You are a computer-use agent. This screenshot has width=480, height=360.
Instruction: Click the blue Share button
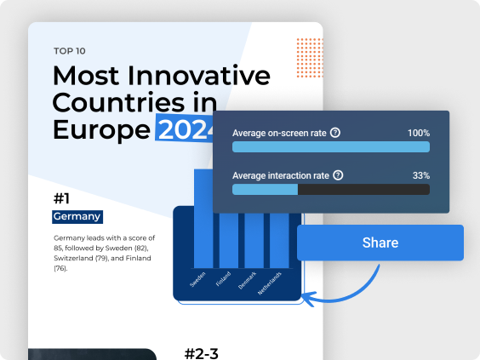[x=380, y=243]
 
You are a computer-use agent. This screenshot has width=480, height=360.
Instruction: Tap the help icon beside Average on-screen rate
[x=335, y=133]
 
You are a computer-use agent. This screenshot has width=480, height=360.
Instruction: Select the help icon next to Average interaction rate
[x=338, y=175]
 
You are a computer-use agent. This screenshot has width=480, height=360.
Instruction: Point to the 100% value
[x=419, y=133]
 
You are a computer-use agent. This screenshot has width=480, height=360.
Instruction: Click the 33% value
[x=421, y=175]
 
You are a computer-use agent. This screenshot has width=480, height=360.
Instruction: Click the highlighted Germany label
[x=77, y=217]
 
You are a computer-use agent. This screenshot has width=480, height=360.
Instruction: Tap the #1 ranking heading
[x=61, y=198]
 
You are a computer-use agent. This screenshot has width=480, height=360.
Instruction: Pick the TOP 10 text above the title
[x=70, y=51]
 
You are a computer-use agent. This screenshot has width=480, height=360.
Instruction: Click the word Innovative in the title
[x=198, y=75]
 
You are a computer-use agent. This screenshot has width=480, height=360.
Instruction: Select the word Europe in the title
[x=101, y=130]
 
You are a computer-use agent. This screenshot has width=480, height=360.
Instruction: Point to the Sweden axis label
[x=197, y=279]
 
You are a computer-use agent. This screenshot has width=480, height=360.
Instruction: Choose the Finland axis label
[x=223, y=278]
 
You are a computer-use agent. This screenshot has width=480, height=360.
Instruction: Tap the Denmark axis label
[x=247, y=280]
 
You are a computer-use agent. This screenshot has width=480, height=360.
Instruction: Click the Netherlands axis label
[x=269, y=283]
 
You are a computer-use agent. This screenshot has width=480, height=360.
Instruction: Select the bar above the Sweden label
[x=203, y=219]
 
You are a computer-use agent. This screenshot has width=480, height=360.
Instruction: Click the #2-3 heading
[x=202, y=353]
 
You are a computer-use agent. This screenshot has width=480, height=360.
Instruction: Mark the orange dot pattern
[x=310, y=58]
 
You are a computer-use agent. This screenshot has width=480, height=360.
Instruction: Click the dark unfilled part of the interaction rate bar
[x=363, y=190]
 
